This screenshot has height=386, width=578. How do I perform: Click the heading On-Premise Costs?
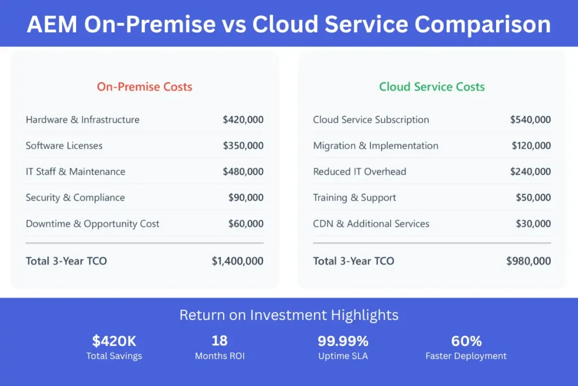[144, 86]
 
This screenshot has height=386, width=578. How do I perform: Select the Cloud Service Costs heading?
[432, 86]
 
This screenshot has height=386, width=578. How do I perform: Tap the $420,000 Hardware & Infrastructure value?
[243, 120]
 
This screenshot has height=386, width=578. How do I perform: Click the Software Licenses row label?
[64, 145]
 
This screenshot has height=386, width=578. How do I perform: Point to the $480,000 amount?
[243, 172]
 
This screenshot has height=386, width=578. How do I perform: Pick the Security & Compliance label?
[75, 198]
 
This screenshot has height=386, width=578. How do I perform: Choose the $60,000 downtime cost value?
[246, 224]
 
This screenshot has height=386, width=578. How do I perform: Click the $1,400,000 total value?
[238, 261]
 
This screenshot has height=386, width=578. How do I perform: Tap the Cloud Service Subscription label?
[371, 120]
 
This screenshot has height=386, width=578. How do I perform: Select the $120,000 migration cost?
[531, 145]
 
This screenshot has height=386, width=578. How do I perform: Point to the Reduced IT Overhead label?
[360, 172]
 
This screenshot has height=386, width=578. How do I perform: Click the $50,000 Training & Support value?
[533, 197]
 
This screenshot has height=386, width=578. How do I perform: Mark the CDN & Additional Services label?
[371, 224]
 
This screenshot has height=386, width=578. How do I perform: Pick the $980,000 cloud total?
[528, 261]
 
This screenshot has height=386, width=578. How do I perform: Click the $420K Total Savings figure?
[114, 341]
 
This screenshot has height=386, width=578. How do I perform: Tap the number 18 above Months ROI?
[220, 341]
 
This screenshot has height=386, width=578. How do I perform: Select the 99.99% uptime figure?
[343, 341]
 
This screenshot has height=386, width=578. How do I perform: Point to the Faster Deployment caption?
[466, 356]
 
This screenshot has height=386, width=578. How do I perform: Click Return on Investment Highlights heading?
[289, 315]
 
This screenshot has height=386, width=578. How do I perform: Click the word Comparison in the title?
[483, 25]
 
